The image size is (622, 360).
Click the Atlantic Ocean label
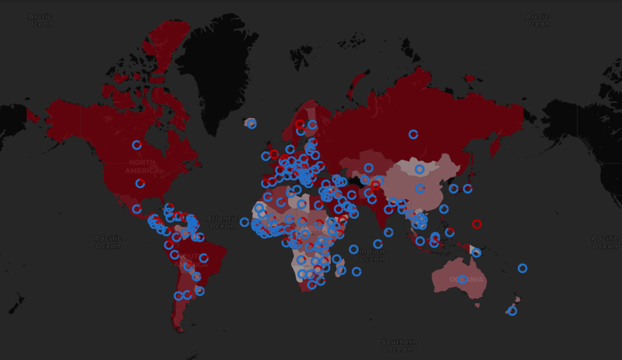point(222,222)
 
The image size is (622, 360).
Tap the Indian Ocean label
point(371,255)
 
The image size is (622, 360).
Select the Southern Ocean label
point(399,345)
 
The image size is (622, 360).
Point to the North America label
point(142,166)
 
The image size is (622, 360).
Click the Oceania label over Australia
point(466,280)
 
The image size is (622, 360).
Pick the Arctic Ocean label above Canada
point(40,20)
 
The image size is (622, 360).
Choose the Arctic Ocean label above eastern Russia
point(537,20)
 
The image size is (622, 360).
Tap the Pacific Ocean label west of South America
point(108,242)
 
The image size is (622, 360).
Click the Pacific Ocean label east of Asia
point(605,242)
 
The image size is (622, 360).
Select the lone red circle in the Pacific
point(477,224)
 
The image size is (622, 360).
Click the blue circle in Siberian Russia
point(413,134)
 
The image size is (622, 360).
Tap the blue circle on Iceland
point(251,124)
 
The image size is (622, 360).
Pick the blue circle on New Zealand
point(513,311)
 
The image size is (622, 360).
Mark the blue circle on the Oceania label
point(462,279)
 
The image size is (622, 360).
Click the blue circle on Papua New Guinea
point(476,253)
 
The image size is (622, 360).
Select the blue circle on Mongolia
point(420,169)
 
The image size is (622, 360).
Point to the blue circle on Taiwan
point(444,208)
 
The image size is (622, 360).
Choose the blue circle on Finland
point(312,124)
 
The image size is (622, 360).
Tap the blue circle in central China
point(420,189)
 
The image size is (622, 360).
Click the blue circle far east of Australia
point(522,268)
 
